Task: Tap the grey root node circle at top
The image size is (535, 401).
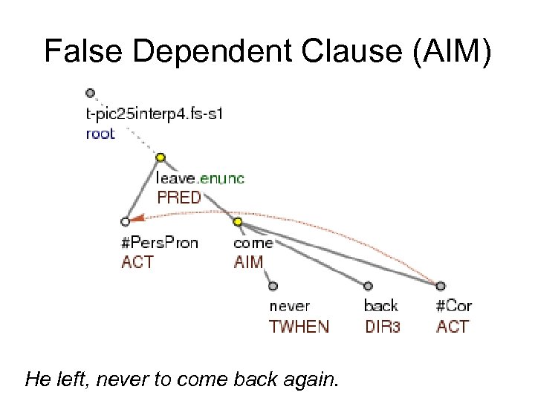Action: tap(90, 94)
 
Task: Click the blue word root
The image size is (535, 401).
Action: tap(100, 134)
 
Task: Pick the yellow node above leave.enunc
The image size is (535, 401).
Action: tap(160, 157)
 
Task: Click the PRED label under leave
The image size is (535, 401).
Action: tap(178, 198)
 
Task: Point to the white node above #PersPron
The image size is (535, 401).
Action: tap(125, 221)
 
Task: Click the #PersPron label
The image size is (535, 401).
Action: tap(160, 243)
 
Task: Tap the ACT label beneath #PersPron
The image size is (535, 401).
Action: tap(137, 261)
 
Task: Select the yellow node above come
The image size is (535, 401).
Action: tap(238, 221)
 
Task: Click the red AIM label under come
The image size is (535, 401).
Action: tap(248, 261)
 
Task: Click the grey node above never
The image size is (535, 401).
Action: tap(273, 285)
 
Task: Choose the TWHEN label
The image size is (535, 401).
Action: tap(299, 327)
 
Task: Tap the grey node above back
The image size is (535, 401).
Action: tap(368, 285)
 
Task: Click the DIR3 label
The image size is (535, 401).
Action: tap(383, 327)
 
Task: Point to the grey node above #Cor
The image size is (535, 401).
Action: tap(440, 285)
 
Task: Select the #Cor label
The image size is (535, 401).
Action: tap(454, 306)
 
